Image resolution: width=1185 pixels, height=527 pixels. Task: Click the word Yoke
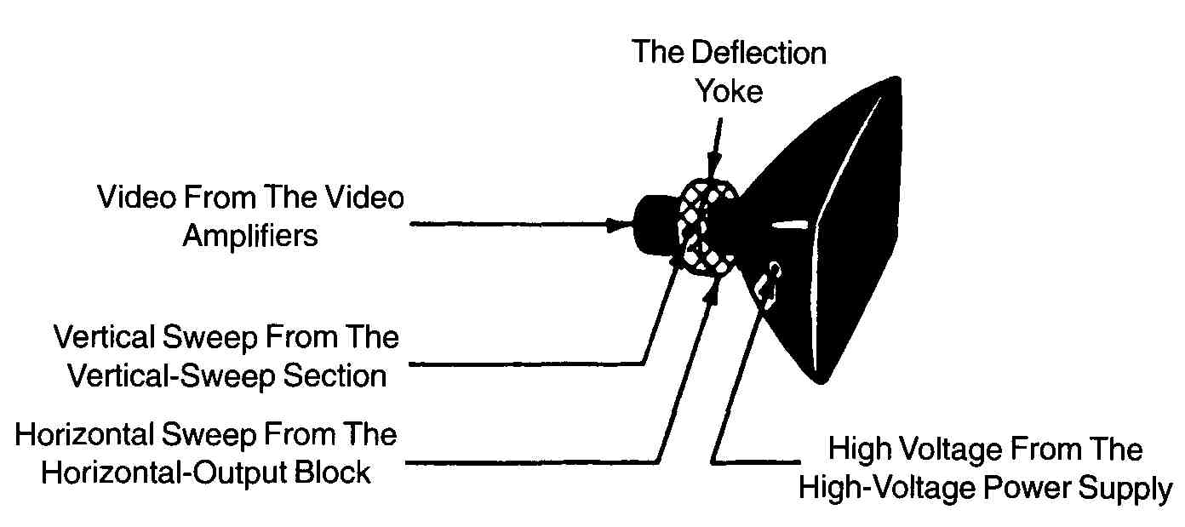point(729,91)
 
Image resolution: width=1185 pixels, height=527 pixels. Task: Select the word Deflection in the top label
point(759,53)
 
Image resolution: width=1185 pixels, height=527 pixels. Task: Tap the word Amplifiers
point(250,236)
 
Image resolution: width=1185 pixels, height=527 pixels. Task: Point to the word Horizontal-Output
point(164,473)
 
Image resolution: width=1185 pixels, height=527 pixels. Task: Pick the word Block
point(332,473)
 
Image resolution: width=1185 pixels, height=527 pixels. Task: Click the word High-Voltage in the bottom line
point(887,487)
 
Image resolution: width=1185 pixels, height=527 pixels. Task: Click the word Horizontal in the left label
point(84,435)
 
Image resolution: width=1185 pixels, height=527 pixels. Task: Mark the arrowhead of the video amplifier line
point(619,225)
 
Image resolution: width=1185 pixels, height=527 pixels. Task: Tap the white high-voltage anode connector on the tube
point(769,279)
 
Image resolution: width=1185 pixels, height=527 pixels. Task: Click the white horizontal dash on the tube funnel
point(789,225)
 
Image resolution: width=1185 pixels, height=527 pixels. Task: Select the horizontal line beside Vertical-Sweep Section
point(526,364)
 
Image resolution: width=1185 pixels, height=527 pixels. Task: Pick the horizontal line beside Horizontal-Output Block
point(532,463)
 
